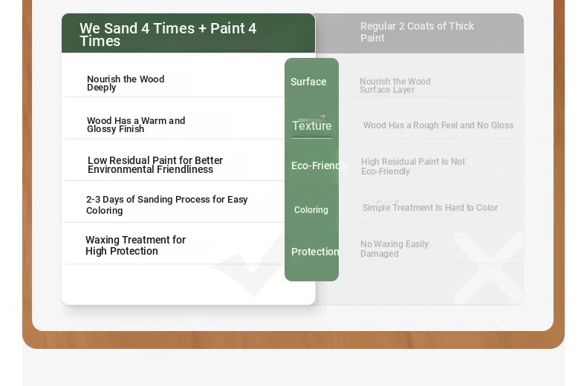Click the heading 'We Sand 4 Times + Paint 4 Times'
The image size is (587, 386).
click(168, 34)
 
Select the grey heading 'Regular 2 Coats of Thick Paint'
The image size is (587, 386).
click(417, 32)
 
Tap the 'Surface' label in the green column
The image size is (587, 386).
click(308, 82)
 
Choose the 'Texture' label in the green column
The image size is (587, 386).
click(312, 125)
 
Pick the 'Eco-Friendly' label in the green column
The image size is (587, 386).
click(320, 166)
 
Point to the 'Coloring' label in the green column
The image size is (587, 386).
click(311, 210)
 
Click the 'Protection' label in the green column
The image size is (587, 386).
click(315, 252)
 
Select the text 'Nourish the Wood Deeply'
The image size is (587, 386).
click(126, 83)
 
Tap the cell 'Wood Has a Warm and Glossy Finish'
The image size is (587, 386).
click(136, 125)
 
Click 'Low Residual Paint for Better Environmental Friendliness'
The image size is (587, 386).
click(155, 165)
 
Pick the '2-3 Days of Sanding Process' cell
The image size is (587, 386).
click(166, 205)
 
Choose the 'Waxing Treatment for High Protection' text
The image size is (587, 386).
click(135, 246)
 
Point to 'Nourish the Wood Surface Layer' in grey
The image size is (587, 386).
click(395, 85)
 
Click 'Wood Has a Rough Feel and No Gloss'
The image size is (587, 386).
click(438, 125)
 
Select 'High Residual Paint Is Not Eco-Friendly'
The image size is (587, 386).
click(413, 166)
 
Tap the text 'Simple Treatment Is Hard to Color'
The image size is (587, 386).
click(429, 208)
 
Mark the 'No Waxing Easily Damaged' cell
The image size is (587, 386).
click(395, 249)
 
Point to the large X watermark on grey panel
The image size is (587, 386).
click(489, 268)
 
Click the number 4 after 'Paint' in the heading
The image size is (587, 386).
click(252, 28)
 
